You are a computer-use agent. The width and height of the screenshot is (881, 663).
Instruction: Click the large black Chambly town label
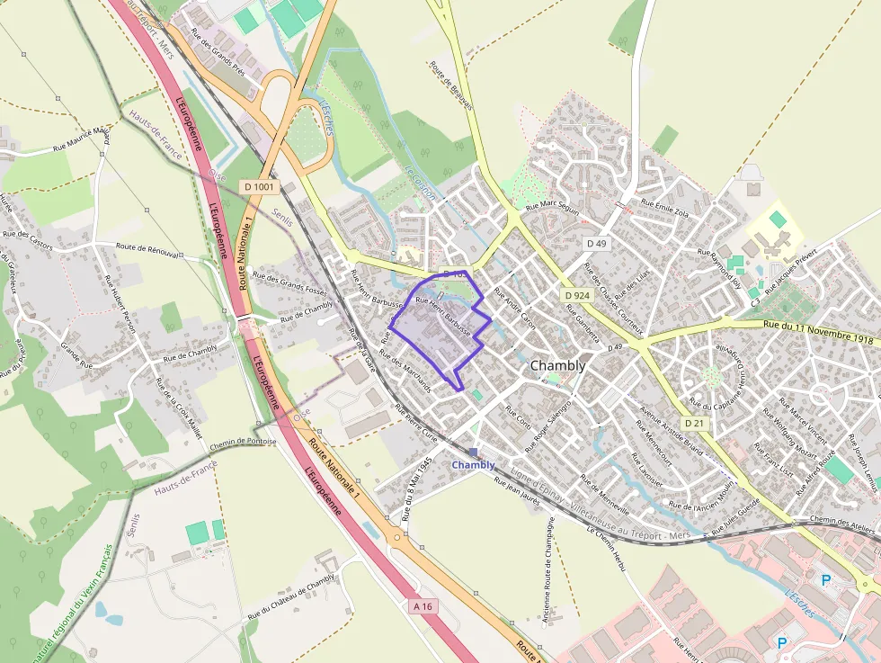[557, 366]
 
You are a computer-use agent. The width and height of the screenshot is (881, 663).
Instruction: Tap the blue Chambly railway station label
[473, 465]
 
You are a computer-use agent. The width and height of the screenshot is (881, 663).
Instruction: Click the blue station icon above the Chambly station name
[474, 452]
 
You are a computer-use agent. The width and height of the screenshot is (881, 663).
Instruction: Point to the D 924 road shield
[577, 295]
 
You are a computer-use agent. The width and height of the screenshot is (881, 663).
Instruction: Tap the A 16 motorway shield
[423, 606]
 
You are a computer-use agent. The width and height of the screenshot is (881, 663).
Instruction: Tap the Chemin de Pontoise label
[243, 443]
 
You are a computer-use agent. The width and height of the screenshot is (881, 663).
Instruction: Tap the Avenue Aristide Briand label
[670, 429]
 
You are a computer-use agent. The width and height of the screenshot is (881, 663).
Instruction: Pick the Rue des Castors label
[27, 239]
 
